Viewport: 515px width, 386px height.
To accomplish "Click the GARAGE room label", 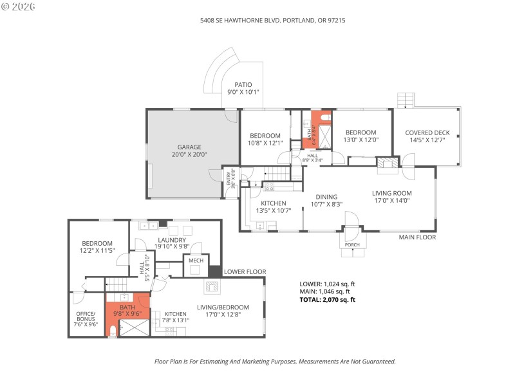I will [x=190, y=147].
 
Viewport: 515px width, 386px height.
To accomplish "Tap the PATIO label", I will [x=243, y=84].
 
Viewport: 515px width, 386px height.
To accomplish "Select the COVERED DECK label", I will [x=427, y=133].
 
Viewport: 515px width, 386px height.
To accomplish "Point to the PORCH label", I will [x=352, y=244].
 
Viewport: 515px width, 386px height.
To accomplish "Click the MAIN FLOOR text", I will [x=417, y=237].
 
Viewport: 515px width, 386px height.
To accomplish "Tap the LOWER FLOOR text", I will [x=245, y=272].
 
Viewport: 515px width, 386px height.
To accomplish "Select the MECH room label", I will [x=196, y=261].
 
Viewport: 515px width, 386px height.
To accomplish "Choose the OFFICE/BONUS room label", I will [x=86, y=317].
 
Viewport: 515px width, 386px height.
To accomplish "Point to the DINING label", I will [x=327, y=197].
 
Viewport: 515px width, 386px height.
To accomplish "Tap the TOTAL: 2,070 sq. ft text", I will [x=327, y=300].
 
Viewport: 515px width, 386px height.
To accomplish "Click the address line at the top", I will [x=267, y=20].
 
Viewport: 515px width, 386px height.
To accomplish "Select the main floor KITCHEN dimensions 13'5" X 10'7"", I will [x=274, y=210].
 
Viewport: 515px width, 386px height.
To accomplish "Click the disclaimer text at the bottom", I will [x=275, y=362].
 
